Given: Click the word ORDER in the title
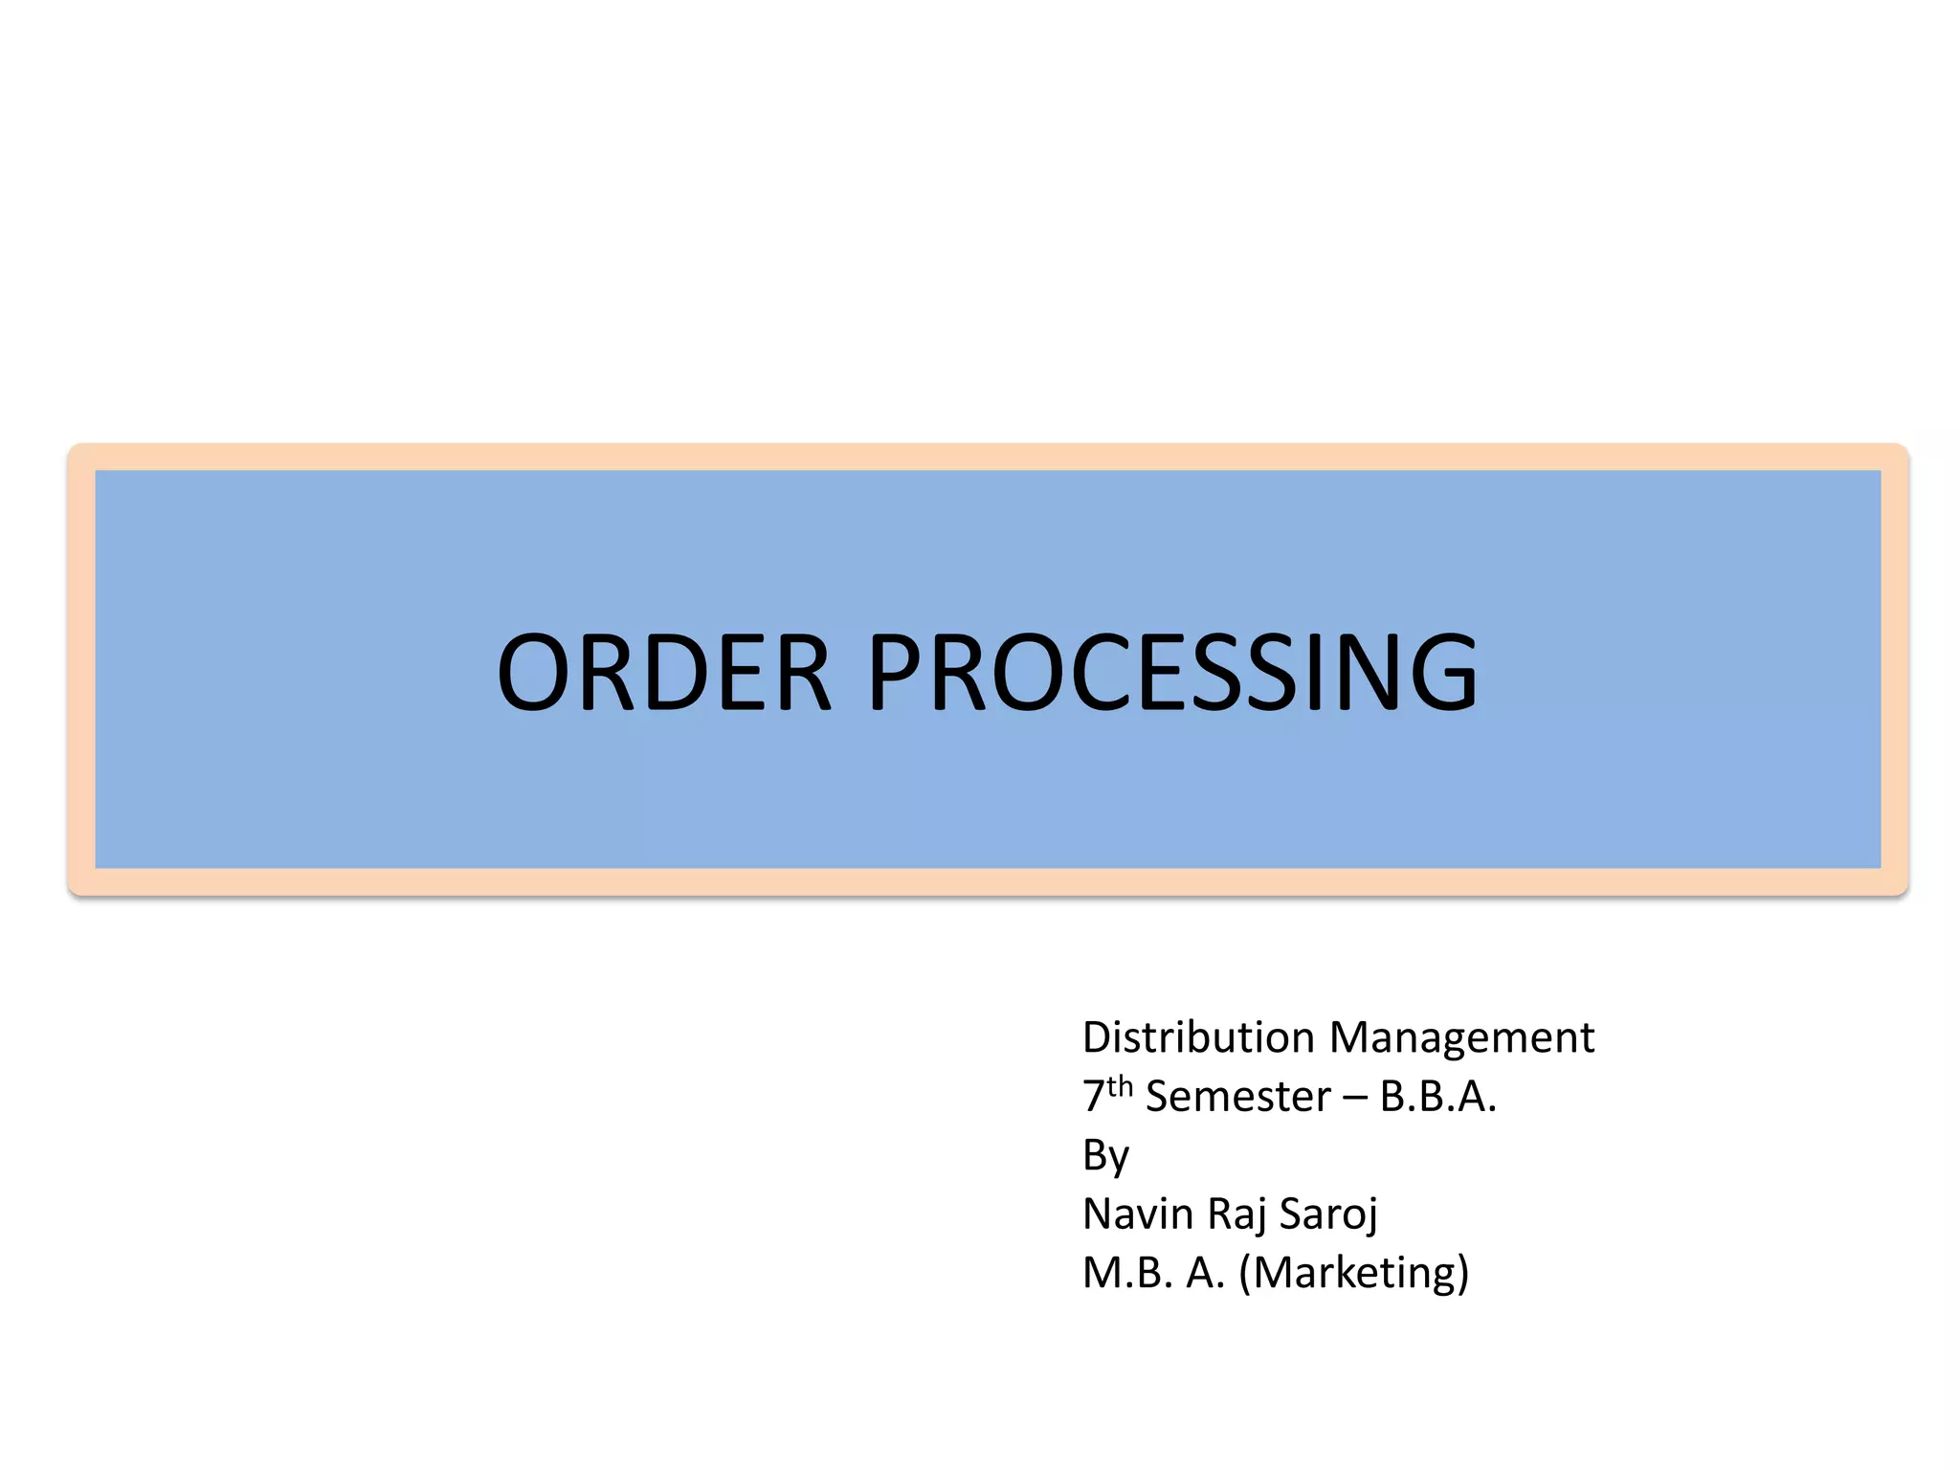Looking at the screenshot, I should point(663,672).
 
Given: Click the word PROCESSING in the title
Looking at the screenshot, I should point(1172,672).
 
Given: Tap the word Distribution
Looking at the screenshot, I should point(1198,1037).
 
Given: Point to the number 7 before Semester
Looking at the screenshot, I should point(1093,1097).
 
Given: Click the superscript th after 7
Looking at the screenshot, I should point(1120,1087).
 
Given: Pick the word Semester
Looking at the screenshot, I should point(1237,1097).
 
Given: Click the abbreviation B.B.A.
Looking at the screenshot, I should point(1437,1097).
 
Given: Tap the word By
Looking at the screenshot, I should point(1105,1156).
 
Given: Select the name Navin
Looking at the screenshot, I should point(1138,1214).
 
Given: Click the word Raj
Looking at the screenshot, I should point(1236,1214).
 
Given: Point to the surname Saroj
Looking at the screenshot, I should point(1328,1214).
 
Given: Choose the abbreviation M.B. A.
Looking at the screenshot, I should point(1153,1273).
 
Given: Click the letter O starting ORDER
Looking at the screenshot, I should point(532,672).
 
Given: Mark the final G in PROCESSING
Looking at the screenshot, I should point(1439,672).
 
